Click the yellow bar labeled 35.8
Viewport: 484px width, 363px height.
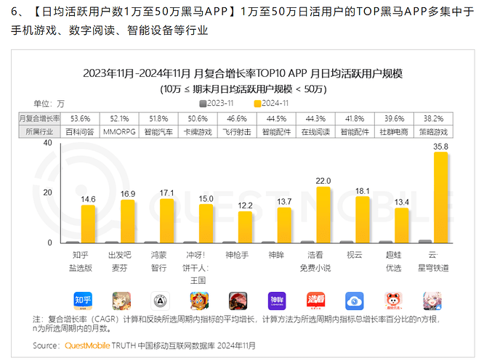click(441, 197)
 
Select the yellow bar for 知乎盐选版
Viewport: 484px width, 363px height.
click(88, 224)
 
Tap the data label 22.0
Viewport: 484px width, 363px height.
click(323, 181)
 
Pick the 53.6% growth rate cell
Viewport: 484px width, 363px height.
click(81, 118)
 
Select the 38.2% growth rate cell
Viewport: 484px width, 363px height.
click(435, 118)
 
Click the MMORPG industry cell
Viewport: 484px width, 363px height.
click(120, 131)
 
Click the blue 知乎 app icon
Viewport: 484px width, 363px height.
click(81, 301)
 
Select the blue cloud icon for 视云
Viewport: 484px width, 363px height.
click(355, 301)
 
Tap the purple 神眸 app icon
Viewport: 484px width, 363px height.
click(276, 301)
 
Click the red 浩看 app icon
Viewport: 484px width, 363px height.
click(315, 301)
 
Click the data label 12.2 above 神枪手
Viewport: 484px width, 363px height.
click(244, 205)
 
